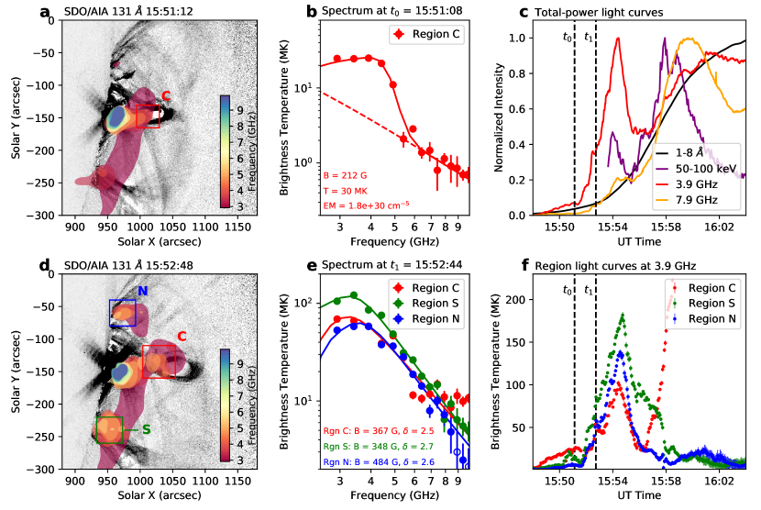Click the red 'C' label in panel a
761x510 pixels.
[x=166, y=95]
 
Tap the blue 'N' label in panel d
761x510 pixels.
[x=142, y=291]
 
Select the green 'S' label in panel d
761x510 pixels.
[x=146, y=428]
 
